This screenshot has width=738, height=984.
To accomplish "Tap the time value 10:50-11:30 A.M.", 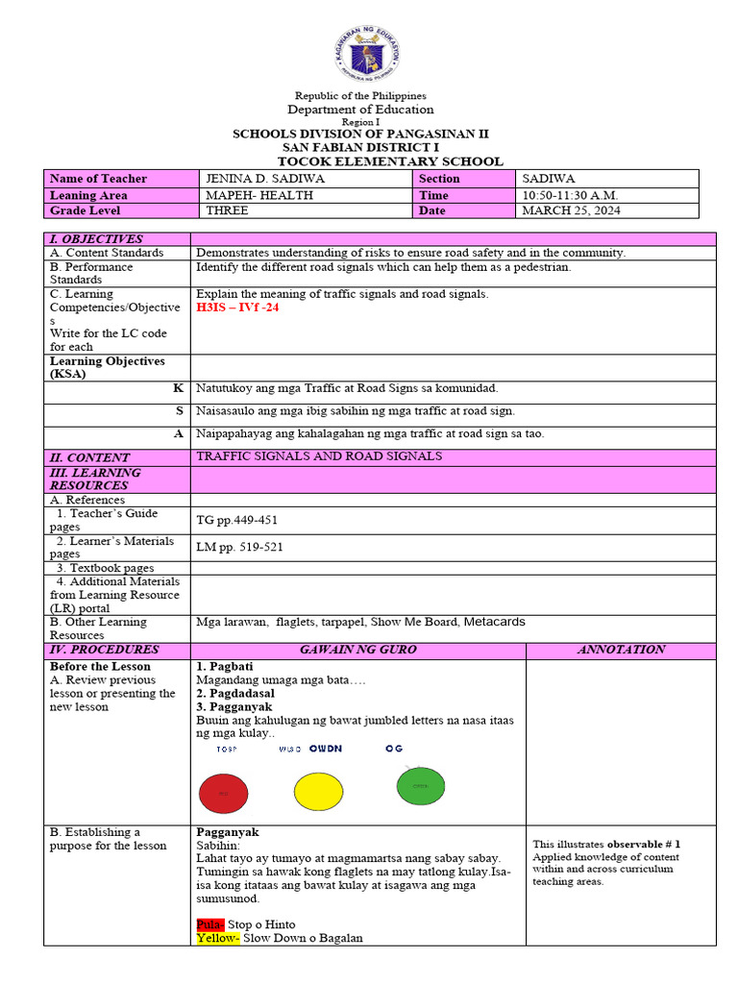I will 570,195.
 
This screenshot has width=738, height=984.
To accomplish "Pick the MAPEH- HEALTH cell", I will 248,195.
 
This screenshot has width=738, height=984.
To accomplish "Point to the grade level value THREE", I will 227,210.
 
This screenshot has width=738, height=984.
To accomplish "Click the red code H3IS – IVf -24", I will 237,307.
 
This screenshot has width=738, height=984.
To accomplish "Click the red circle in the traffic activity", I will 224,794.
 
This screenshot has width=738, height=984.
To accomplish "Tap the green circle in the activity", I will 421,785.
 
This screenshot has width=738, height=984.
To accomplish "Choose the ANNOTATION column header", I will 621,650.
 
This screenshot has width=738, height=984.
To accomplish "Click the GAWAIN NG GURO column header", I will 357,650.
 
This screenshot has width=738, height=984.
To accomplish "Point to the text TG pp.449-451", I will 236,520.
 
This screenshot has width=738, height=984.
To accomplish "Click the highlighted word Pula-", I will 210,924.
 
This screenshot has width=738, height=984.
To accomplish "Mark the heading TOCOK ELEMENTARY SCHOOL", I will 389,161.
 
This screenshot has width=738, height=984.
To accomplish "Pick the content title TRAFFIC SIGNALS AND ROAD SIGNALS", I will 319,456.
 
